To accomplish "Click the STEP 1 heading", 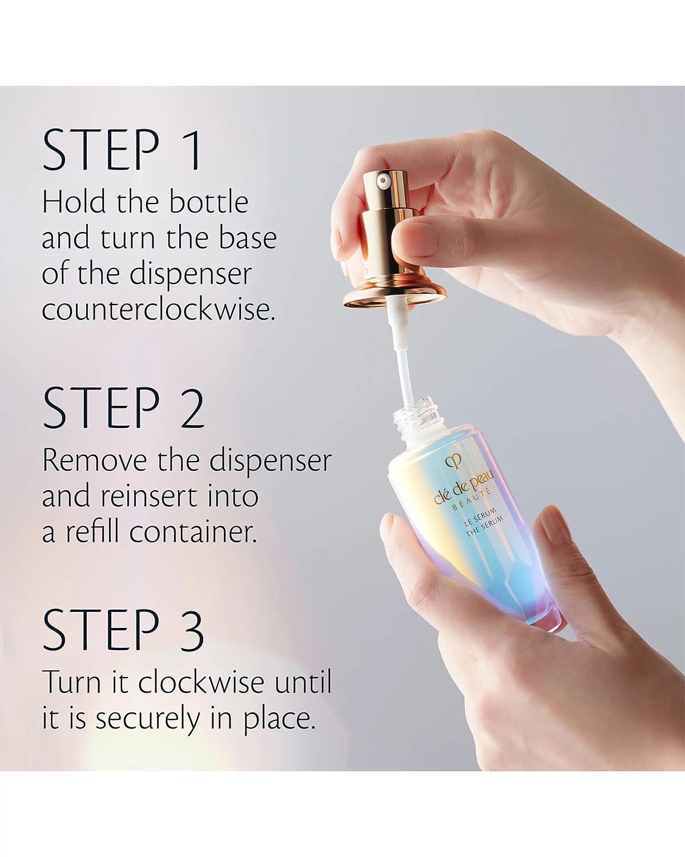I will (122, 150).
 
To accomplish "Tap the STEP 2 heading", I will (123, 408).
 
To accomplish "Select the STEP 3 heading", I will (123, 630).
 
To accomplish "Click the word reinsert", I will (151, 495).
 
